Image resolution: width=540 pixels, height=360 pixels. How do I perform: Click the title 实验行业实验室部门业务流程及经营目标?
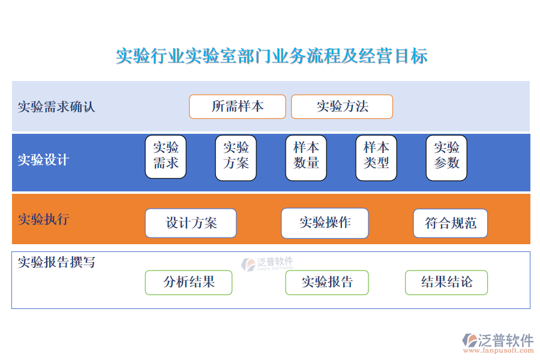tap(272, 56)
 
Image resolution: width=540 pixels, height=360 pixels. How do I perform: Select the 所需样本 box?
tap(237, 106)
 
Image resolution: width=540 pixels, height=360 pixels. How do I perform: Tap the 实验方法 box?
tap(342, 106)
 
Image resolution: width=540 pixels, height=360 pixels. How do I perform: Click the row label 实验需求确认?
tap(56, 107)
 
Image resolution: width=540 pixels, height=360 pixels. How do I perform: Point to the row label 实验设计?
tap(43, 160)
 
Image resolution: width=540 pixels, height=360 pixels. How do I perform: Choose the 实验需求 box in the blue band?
tap(166, 157)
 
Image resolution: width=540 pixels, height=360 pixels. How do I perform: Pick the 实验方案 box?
tap(236, 158)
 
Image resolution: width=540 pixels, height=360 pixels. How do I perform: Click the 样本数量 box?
tap(306, 158)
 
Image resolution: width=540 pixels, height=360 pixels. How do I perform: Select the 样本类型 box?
tap(376, 158)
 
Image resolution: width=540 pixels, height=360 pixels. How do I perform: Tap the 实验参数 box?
tap(446, 158)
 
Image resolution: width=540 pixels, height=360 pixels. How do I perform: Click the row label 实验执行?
tap(43, 219)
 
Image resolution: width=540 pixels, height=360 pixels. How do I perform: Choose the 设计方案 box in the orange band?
tap(191, 223)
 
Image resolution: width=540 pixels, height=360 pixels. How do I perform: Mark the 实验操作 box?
tap(325, 223)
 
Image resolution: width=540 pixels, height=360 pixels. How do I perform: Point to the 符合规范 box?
tap(451, 223)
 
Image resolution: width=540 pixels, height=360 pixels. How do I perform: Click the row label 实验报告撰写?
tap(56, 262)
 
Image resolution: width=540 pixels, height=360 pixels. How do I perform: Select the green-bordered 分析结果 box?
tap(189, 283)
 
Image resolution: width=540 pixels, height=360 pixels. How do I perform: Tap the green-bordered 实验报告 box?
tap(327, 283)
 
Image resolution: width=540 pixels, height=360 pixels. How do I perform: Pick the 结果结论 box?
tap(446, 283)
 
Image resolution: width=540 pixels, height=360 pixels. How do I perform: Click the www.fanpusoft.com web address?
tap(499, 350)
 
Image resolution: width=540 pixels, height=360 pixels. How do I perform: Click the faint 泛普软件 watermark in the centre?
tap(268, 264)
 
